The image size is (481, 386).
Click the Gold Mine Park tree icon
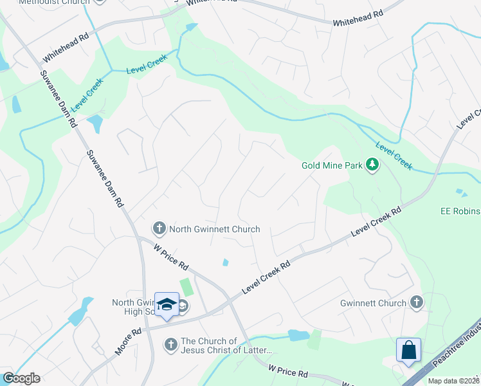click(x=372, y=165)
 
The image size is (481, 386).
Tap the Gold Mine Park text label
click(x=332, y=165)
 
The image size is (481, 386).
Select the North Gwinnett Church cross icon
click(x=159, y=228)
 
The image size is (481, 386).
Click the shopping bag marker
click(x=408, y=351)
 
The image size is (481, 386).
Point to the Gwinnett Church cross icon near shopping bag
click(x=417, y=302)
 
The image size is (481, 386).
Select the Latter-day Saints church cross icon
click(x=171, y=345)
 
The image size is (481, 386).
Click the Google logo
click(x=21, y=378)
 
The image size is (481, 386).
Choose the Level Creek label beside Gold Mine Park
click(x=394, y=156)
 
